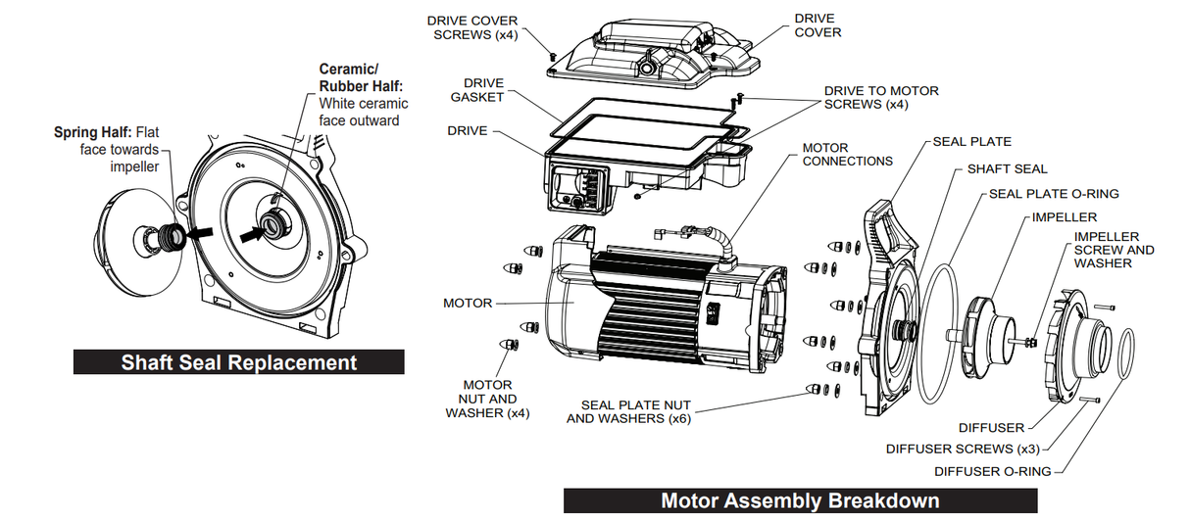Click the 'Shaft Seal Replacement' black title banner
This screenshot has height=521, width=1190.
tap(238, 362)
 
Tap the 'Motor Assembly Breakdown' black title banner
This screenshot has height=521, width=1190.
tap(800, 500)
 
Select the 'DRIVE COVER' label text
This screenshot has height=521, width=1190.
tap(817, 25)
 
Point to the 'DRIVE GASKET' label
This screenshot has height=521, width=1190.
tap(477, 90)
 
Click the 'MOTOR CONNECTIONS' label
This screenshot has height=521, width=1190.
tap(847, 155)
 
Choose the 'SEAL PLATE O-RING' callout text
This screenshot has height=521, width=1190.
tap(1054, 194)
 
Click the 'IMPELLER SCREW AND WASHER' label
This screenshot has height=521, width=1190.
tap(1114, 250)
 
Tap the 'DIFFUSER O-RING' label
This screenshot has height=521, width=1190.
tap(992, 471)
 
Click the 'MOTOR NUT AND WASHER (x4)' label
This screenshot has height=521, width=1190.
tap(487, 399)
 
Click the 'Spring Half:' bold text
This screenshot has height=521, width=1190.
tap(92, 131)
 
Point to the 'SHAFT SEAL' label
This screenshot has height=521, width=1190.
tap(1007, 168)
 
